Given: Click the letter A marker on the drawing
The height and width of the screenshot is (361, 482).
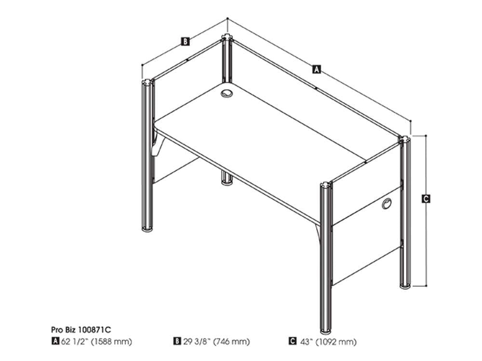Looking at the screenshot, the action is click(316, 69).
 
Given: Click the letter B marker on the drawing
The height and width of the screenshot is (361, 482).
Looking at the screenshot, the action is click(185, 41).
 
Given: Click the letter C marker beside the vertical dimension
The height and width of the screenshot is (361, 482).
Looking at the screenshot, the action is click(426, 199).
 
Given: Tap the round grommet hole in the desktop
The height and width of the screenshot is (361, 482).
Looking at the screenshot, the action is click(227, 93).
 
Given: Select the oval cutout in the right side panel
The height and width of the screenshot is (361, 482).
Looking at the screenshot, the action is click(387, 204).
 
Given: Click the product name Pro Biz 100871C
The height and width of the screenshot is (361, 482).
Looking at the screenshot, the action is click(81, 330).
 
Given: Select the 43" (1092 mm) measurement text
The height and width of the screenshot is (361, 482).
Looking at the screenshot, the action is click(328, 342).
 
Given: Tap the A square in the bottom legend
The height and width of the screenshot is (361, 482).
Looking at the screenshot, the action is click(55, 341).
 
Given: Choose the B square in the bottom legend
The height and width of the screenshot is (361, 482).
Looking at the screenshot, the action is click(177, 341).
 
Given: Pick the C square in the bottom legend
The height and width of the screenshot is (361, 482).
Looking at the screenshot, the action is click(293, 341).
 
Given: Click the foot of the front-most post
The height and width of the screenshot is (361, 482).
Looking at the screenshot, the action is click(325, 331).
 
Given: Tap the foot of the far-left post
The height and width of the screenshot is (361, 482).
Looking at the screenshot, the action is click(147, 228).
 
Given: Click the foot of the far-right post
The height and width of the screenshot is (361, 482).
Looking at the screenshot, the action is click(405, 287).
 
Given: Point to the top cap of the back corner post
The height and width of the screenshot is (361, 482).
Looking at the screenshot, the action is click(227, 38).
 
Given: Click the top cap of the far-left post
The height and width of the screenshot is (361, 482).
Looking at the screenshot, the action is click(147, 83).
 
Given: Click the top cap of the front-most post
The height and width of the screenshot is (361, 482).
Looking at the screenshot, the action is click(326, 185).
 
